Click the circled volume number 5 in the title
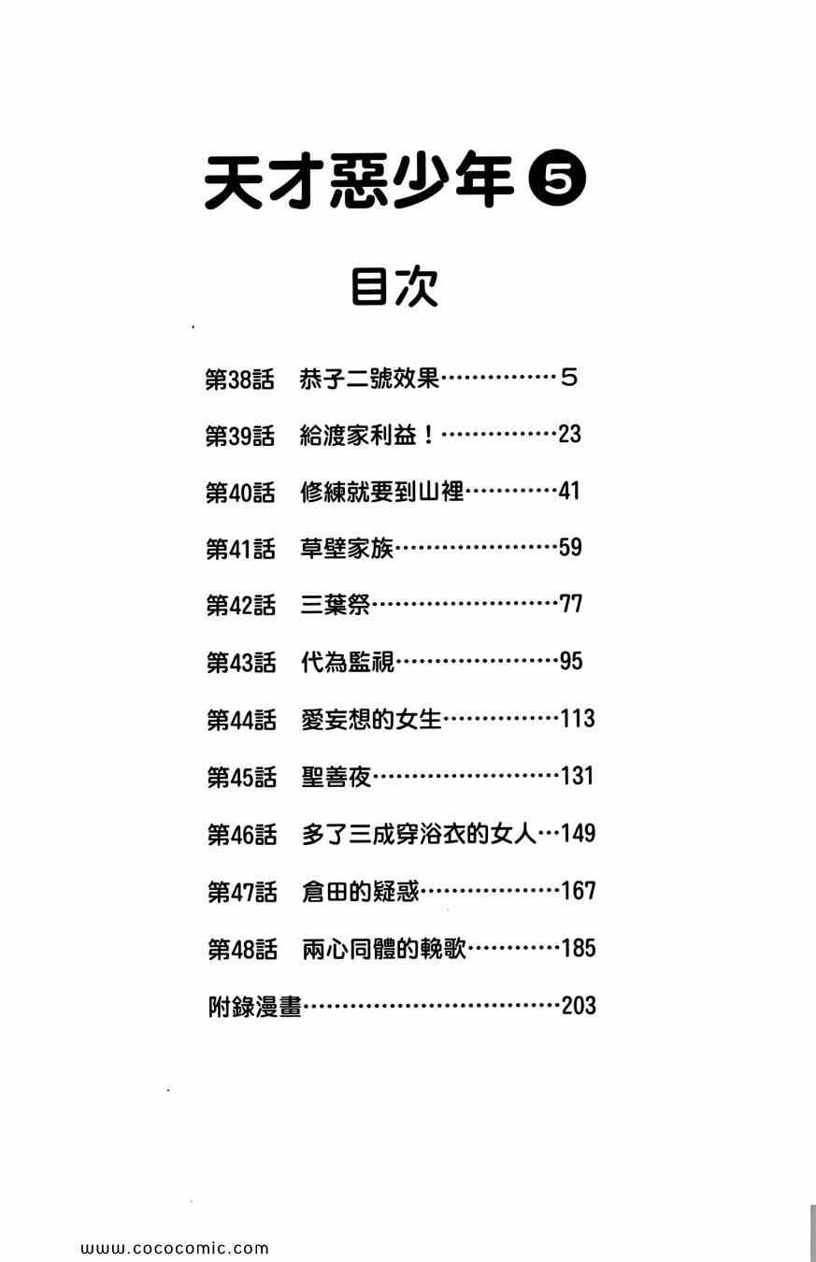(x=558, y=180)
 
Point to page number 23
(x=569, y=435)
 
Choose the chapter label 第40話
(x=240, y=493)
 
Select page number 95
(x=570, y=662)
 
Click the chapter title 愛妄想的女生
(x=371, y=720)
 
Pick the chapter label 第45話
(x=241, y=777)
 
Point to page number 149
(x=579, y=833)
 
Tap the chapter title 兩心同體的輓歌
(x=383, y=949)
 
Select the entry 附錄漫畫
(x=254, y=1007)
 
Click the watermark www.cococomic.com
(x=175, y=1248)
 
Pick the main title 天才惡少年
(x=360, y=181)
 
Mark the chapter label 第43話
(x=241, y=663)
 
